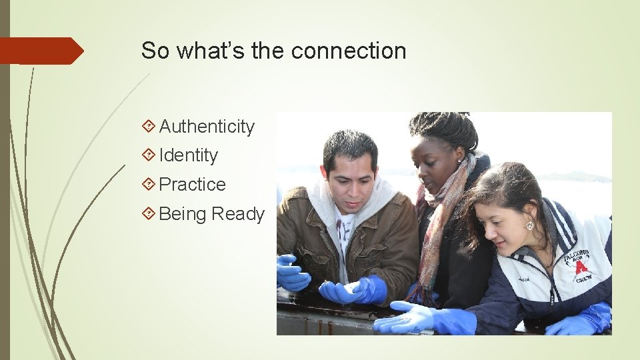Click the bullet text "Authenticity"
[207, 127]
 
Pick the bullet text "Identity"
[189, 155]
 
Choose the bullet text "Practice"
[193, 185]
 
